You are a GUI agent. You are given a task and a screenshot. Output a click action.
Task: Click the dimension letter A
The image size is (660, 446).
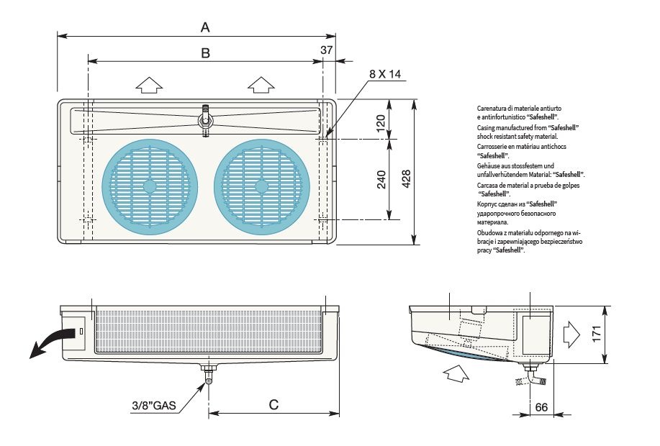coord(205,27)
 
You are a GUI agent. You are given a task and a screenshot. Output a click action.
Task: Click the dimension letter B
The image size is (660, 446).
coord(205,53)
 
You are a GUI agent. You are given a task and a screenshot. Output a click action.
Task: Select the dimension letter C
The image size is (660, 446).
coord(274,404)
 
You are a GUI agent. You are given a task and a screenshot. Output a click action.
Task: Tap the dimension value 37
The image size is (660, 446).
coord(327,50)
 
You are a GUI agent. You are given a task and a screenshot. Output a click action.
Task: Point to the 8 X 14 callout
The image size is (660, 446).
coord(384,74)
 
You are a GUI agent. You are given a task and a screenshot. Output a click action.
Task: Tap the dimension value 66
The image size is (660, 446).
coord(541,408)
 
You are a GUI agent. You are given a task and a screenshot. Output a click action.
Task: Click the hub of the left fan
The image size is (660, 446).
coord(149,186)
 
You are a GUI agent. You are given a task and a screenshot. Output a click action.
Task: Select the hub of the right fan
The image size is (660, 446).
coord(261,186)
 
